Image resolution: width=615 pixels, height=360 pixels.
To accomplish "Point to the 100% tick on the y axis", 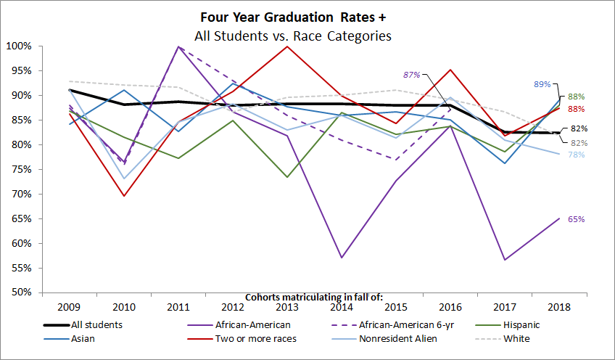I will click(20, 46).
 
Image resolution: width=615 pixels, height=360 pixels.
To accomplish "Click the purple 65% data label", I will click(577, 218).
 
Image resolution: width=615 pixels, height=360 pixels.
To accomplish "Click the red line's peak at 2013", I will click(287, 46).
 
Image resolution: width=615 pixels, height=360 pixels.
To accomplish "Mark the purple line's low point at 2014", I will click(342, 258).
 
